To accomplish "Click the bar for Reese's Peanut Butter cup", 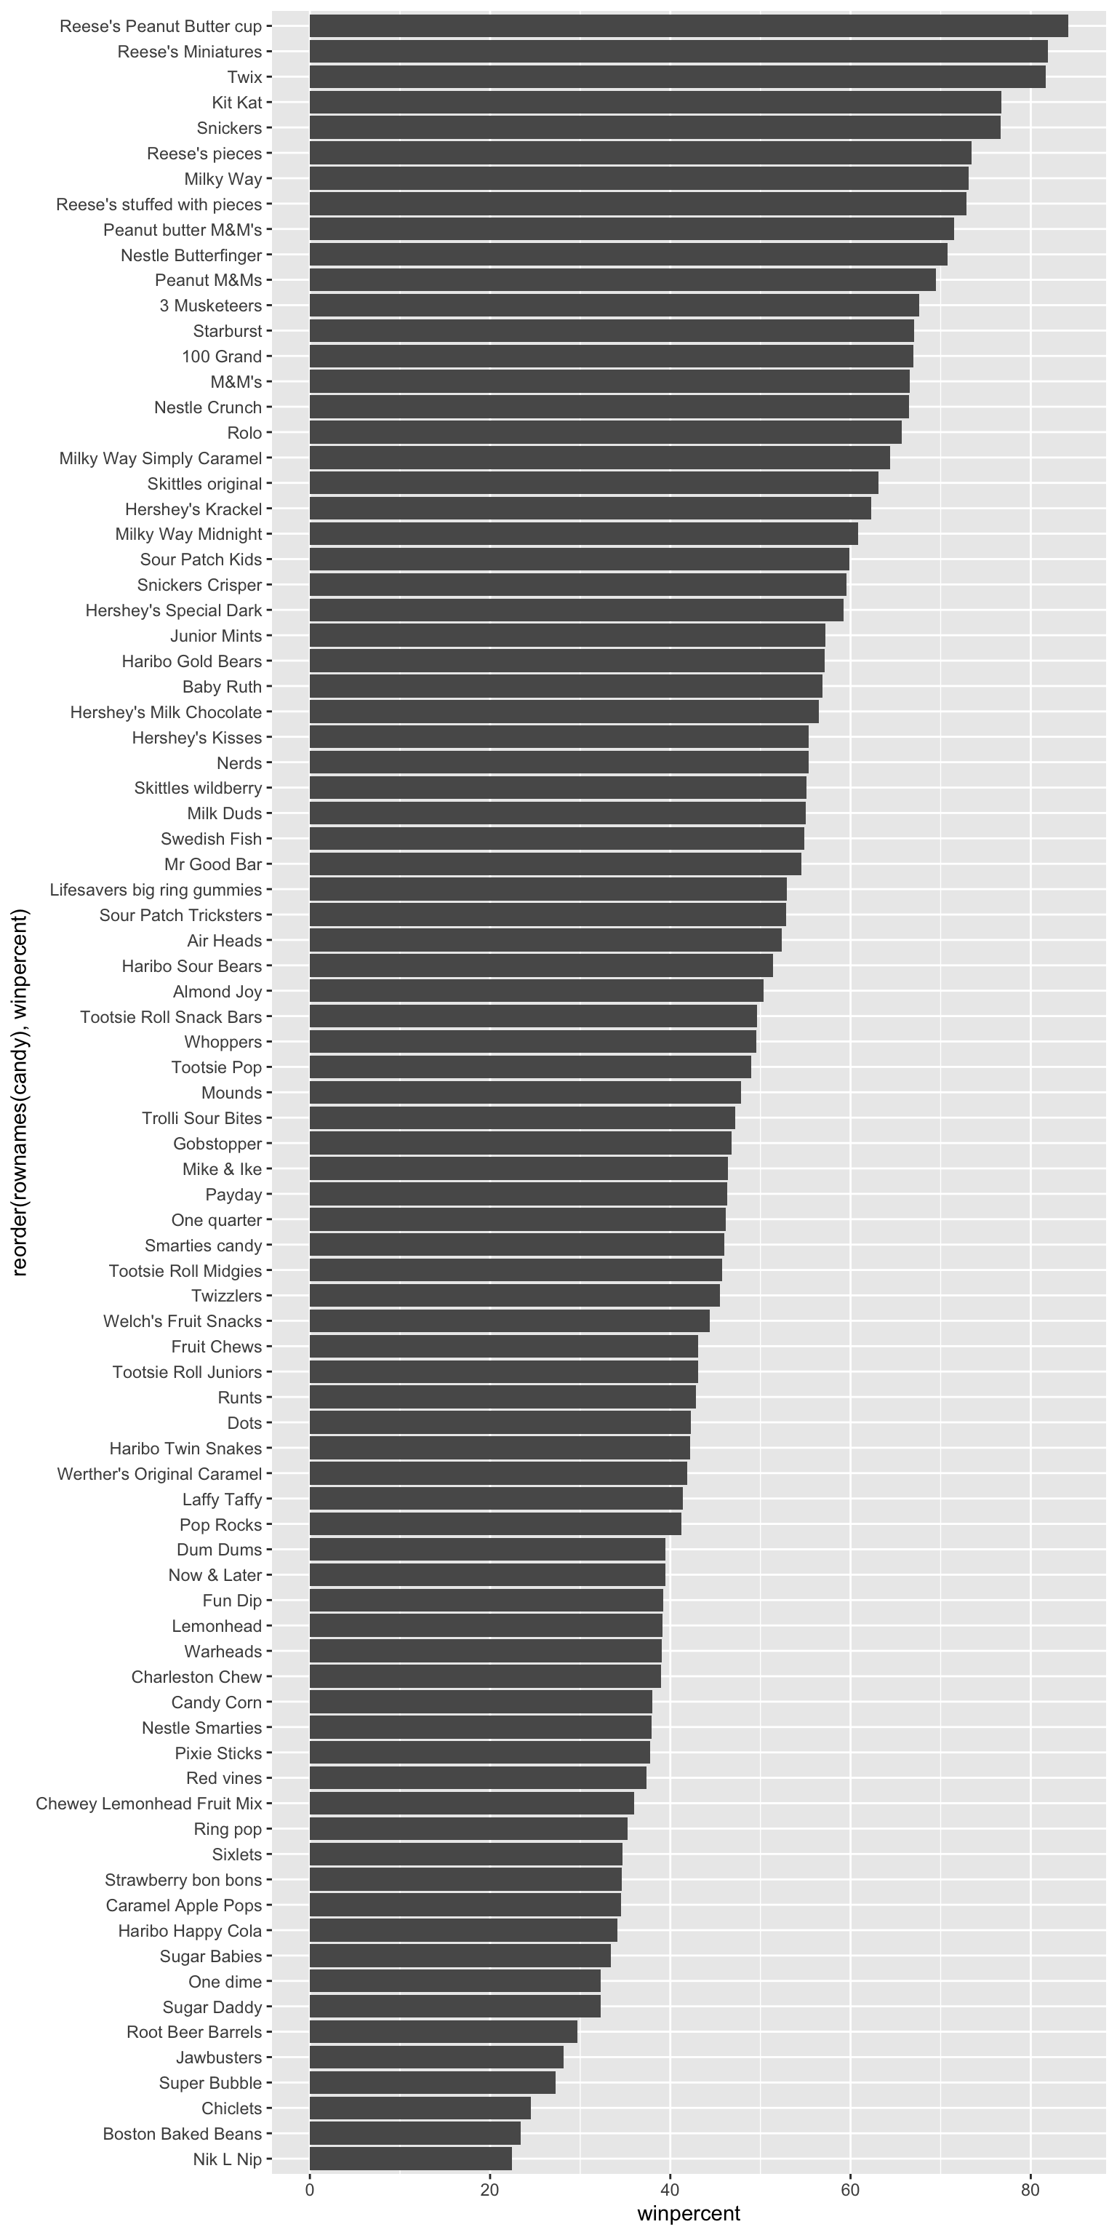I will (x=688, y=26).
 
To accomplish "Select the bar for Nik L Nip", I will (x=410, y=2159).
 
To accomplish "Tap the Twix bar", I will (x=676, y=77).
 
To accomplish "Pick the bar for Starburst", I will (x=612, y=330).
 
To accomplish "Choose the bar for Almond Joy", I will (x=536, y=991).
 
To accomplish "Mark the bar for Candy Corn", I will (x=481, y=1702).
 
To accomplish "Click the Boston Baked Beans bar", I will (x=415, y=2133).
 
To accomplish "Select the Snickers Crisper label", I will (x=199, y=585).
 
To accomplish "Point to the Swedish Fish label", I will (x=211, y=839).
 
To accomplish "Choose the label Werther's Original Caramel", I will (x=159, y=1474).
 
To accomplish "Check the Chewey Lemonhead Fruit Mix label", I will (x=148, y=1804).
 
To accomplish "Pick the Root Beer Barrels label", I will (x=193, y=2032).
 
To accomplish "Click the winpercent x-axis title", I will (x=689, y=2212).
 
